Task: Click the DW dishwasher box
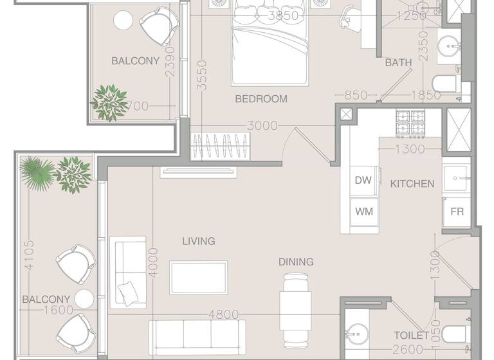pos(363,181)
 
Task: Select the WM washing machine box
pos(363,211)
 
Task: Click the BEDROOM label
pos(261,99)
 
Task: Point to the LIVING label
pos(198,241)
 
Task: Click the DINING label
pos(296,262)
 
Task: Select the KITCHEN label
pos(412,183)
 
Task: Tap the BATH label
pos(398,63)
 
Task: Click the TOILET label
pos(411,336)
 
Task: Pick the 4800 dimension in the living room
pos(223,315)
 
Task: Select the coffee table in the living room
pos(198,277)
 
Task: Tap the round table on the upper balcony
pos(123,21)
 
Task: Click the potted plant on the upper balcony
pos(108,102)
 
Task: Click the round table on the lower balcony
pos(84,299)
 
